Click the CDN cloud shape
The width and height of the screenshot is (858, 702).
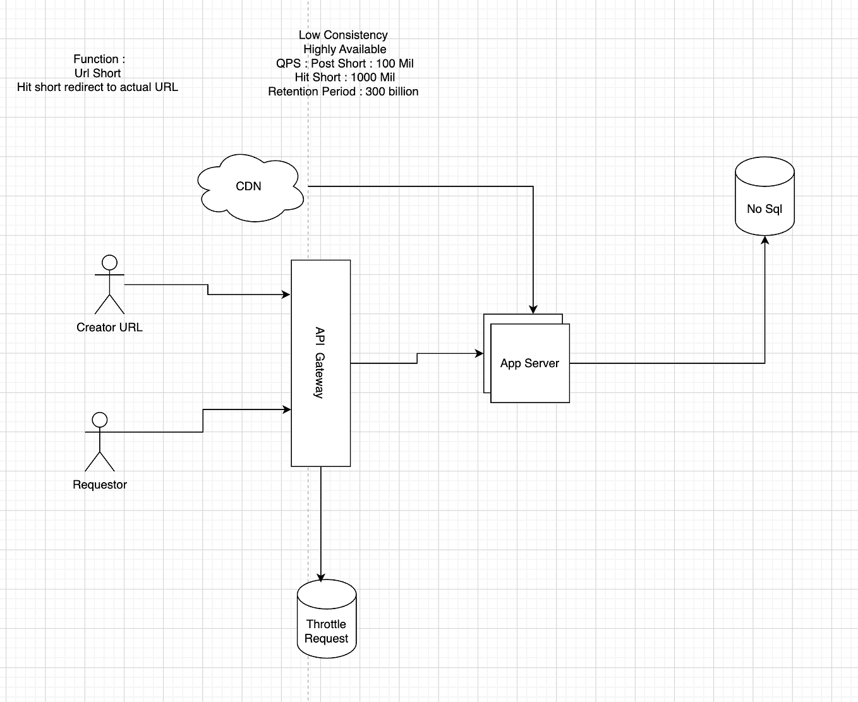coord(249,186)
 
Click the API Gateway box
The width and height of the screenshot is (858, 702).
coord(320,363)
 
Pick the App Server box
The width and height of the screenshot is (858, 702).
coord(529,363)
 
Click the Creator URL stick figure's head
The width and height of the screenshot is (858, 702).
coord(110,262)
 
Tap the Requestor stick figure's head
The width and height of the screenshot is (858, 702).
coord(100,420)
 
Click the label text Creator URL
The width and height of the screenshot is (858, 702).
coord(109,327)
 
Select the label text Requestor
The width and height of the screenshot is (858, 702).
coord(100,485)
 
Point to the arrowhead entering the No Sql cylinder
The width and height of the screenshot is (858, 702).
coord(765,240)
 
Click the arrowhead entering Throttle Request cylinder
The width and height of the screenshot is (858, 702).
coord(321,577)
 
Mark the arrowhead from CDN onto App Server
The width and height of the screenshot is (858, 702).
coord(533,310)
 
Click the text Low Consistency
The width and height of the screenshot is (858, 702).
coord(343,35)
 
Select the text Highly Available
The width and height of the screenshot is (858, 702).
coord(344,49)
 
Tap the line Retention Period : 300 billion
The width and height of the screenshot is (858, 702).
coord(343,92)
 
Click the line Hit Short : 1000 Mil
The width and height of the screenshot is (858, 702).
coord(344,77)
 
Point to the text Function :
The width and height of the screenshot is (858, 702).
coord(99,59)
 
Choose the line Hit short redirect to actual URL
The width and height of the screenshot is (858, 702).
coord(97,87)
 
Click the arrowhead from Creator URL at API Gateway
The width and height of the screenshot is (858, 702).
coord(286,294)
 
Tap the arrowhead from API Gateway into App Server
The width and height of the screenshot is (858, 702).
coord(480,354)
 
